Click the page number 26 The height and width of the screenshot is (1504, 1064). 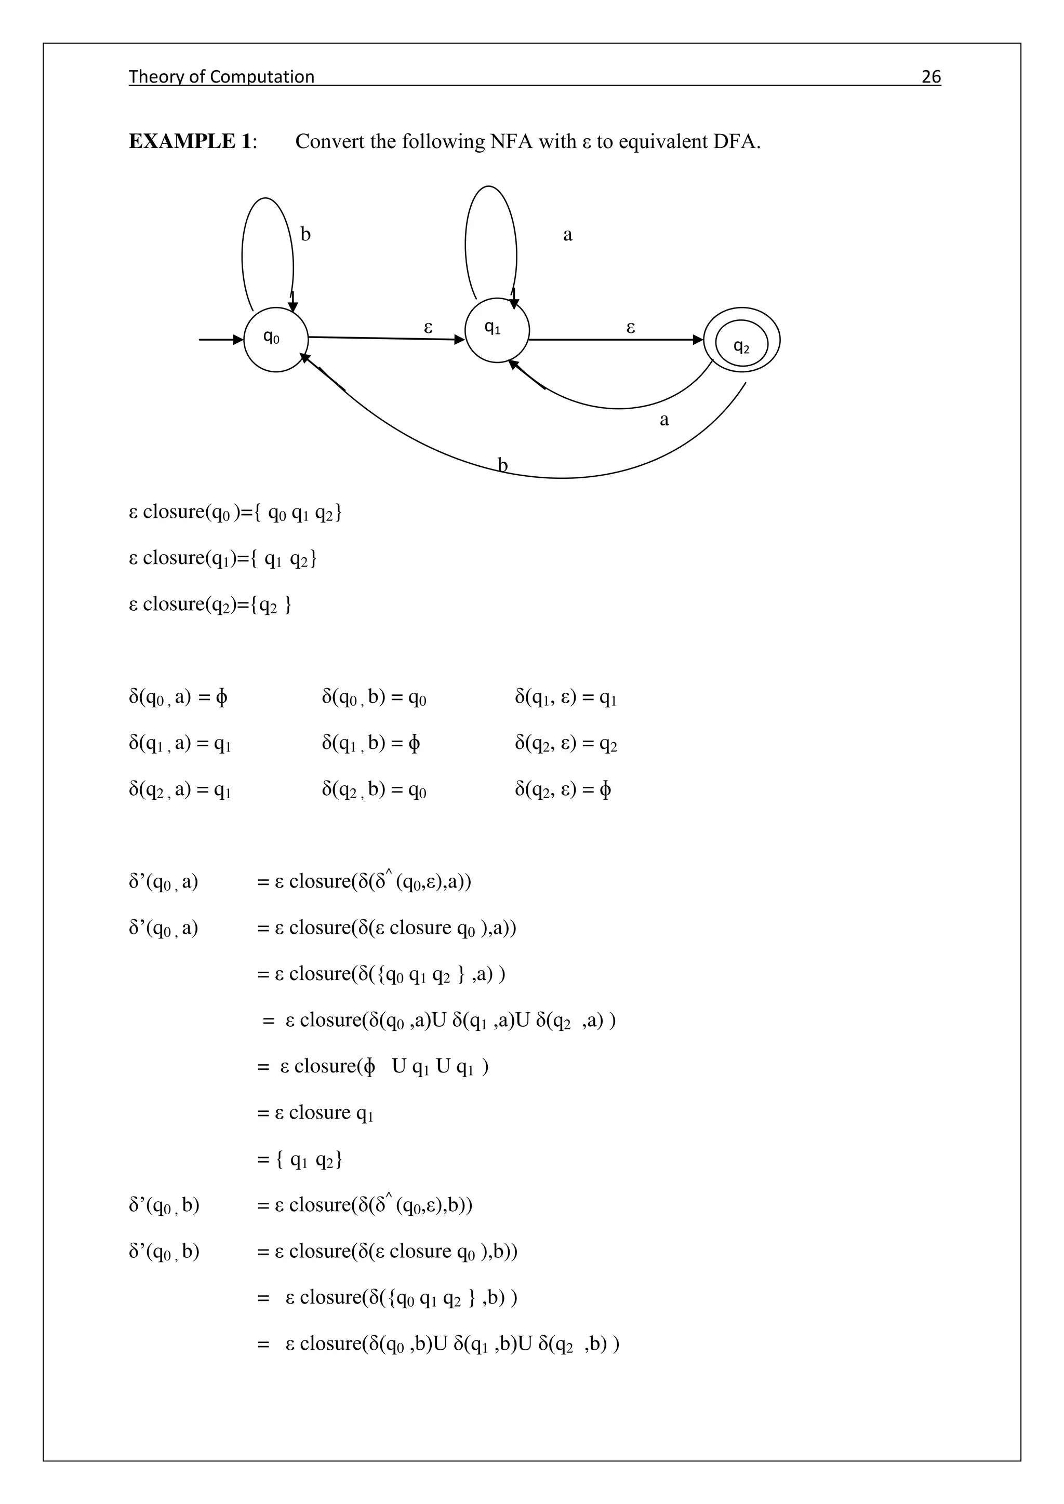[x=930, y=77]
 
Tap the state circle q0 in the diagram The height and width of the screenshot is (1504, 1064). [x=276, y=339]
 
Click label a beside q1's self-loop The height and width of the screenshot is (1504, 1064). [x=567, y=235]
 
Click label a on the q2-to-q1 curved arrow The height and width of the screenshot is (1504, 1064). [x=663, y=419]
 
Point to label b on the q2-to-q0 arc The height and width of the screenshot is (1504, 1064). [x=502, y=465]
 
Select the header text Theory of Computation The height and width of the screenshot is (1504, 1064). [x=221, y=77]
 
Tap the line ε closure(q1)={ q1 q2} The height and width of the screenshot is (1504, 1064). [x=223, y=558]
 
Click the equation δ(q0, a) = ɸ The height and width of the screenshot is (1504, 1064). [x=178, y=697]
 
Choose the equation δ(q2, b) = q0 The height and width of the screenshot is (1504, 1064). [x=374, y=790]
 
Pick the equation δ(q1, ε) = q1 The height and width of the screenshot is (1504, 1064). [x=565, y=697]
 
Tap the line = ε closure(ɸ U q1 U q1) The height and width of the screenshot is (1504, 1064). [x=372, y=1066]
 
